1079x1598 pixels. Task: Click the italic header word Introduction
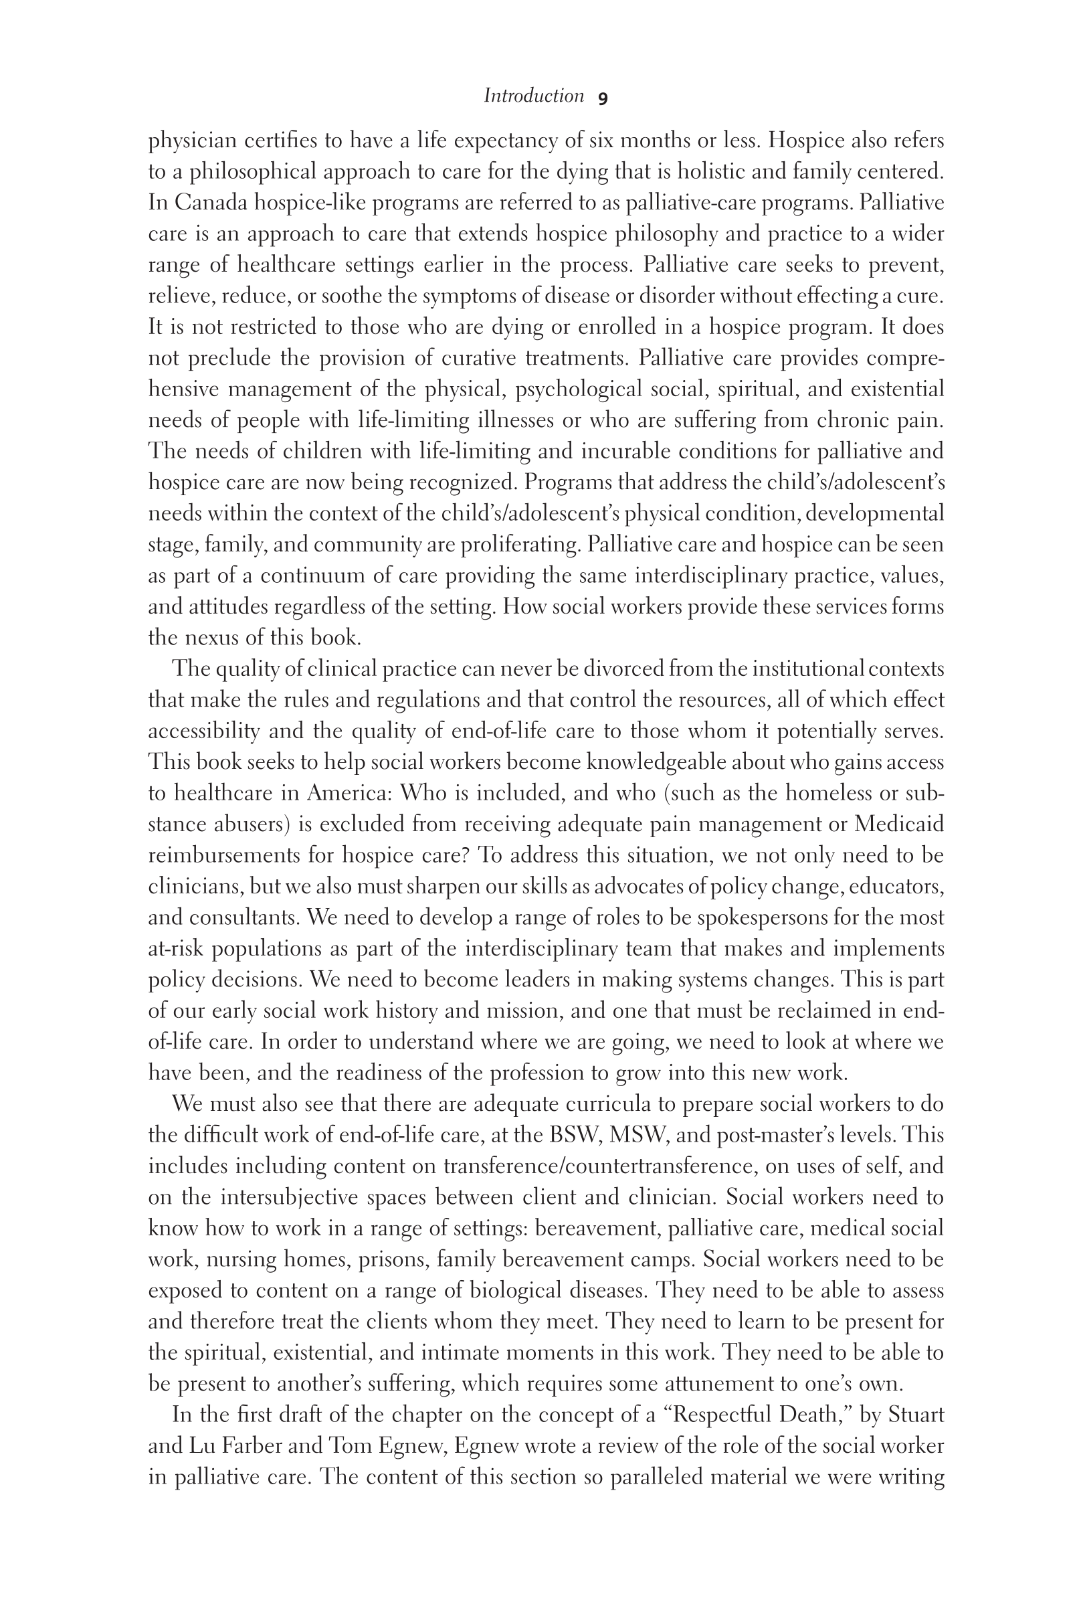click(533, 96)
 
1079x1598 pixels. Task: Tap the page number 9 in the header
click(603, 98)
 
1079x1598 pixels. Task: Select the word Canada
click(211, 203)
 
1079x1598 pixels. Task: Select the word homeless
click(831, 793)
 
